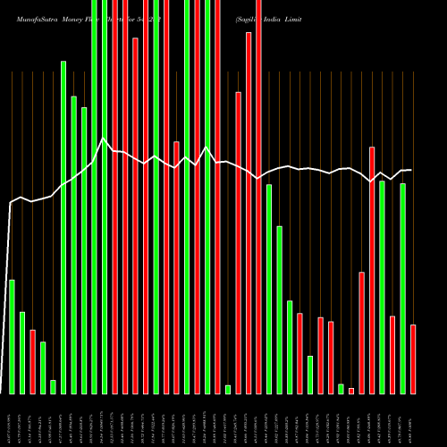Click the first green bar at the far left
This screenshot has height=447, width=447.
12,336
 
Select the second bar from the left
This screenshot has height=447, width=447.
22,352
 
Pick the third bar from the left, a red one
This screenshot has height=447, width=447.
32,361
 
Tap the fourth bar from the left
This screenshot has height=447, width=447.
43,367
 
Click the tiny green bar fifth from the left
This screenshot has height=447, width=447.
53,386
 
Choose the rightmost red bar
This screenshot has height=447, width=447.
413,358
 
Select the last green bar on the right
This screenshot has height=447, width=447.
402,288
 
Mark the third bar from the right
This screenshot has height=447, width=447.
392,354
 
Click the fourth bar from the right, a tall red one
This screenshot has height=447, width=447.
372,270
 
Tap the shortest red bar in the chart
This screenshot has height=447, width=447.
351,391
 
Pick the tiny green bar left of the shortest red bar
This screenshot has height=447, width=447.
341,388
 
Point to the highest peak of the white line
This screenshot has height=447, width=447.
104,139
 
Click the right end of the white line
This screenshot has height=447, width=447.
411,170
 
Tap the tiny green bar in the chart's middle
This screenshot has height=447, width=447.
228,389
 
